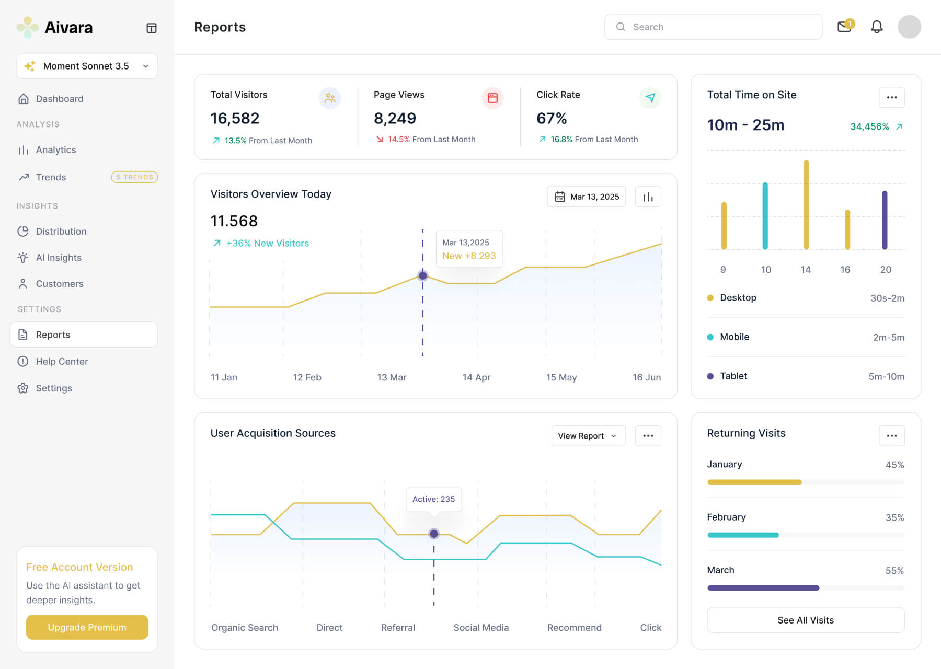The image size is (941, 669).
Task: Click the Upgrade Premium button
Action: click(87, 627)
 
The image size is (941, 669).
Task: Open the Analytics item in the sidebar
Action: click(55, 150)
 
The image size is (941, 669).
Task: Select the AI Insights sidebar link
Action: click(58, 258)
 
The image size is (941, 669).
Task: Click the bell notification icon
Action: click(877, 27)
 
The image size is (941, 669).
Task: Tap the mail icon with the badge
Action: click(844, 27)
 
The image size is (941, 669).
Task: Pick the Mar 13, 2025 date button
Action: click(586, 197)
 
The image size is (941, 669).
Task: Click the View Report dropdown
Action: click(588, 436)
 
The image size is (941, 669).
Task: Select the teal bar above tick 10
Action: click(765, 216)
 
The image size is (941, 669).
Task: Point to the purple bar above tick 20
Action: click(885, 220)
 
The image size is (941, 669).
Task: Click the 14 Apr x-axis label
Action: click(476, 377)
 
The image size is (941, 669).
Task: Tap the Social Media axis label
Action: click(481, 628)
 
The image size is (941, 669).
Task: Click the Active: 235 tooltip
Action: click(433, 499)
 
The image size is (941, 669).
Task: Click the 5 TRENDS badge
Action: click(134, 177)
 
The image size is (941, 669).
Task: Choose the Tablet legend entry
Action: click(733, 376)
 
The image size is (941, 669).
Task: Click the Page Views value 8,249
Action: click(395, 119)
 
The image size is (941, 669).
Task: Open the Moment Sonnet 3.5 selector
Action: click(87, 66)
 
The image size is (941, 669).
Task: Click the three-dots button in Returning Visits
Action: click(892, 436)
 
